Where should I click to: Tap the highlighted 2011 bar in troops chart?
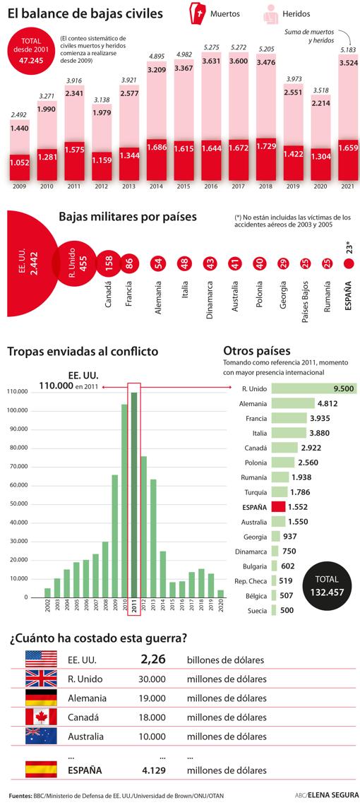tap(134, 494)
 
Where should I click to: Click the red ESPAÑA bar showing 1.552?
tap(277, 506)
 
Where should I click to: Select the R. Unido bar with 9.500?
tap(313, 388)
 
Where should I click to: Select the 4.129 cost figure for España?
tap(153, 770)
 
